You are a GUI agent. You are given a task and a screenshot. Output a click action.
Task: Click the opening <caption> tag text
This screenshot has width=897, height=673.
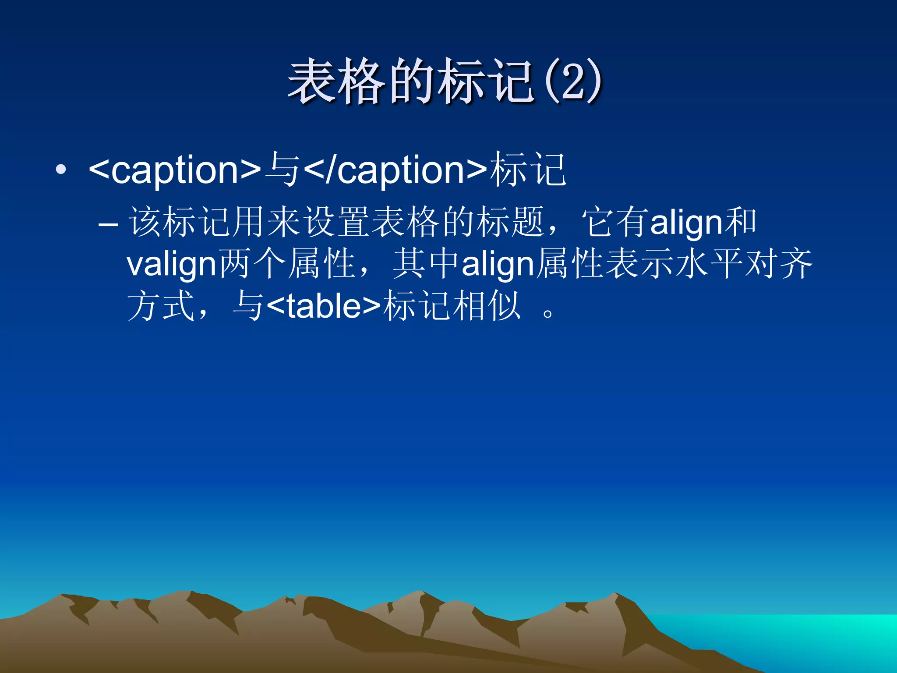175,170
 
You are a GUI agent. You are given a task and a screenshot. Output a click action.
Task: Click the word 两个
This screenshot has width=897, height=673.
252,264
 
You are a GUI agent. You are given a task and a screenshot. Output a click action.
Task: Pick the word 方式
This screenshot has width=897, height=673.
161,306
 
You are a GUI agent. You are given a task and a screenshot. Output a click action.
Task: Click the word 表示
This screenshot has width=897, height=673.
640,264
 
